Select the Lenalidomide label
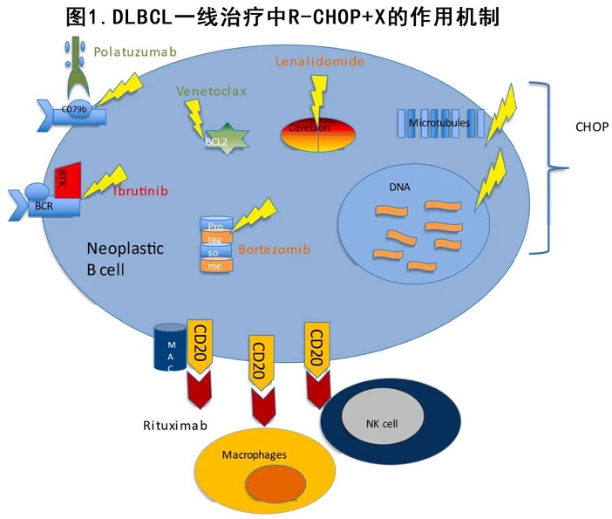click(319, 62)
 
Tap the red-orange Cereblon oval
click(317, 128)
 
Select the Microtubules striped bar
click(439, 123)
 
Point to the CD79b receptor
click(76, 111)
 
